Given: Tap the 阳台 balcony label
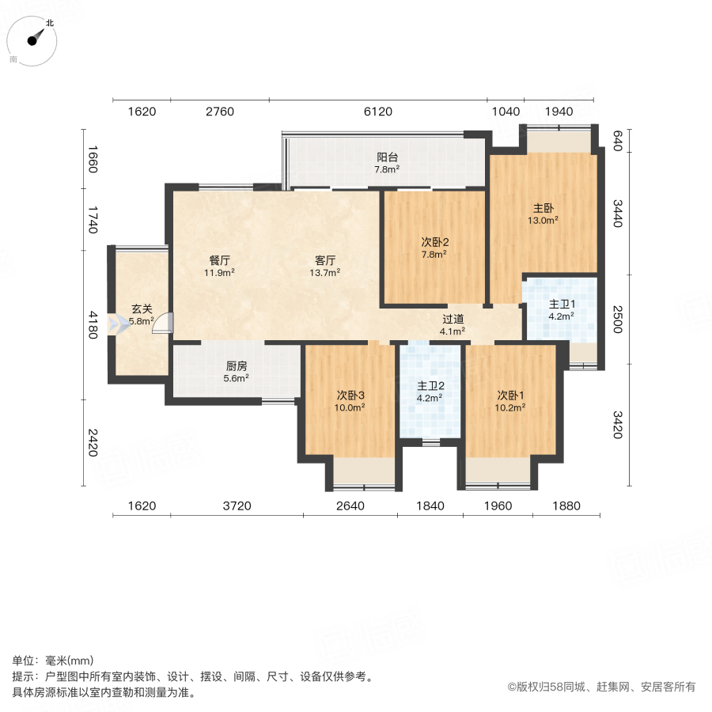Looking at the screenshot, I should point(387,157).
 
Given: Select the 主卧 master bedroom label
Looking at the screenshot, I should point(543,208).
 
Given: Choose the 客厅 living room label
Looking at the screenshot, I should point(325,260).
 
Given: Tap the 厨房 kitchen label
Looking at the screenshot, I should point(237,366).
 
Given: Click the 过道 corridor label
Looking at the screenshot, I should point(453,319).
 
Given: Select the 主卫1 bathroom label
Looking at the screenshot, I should point(561,305).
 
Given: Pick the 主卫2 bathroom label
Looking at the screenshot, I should point(430,386).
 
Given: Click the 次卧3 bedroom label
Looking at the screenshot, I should point(350,395).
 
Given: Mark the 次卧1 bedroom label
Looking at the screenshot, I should point(511,395).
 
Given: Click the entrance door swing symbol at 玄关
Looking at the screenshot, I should point(162,324).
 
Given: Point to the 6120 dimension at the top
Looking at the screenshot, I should point(377,112).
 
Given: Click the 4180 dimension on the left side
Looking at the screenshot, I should point(93,324).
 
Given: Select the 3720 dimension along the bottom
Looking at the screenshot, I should point(237,506).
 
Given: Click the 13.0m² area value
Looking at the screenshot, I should point(543,221).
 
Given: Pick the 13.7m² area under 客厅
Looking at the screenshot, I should point(325,273).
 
